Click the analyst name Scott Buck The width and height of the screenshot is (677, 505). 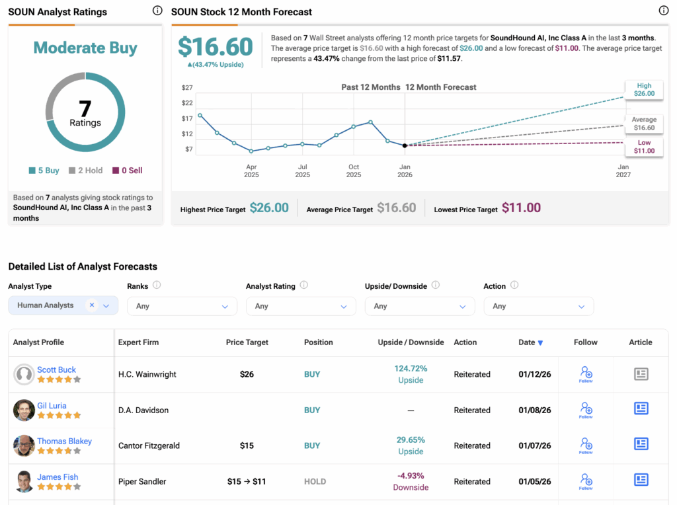click(56, 369)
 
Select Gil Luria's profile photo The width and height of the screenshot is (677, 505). click(24, 410)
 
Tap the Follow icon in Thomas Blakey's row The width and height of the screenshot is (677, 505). click(586, 446)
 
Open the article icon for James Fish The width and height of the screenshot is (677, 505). click(641, 481)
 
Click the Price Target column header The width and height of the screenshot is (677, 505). click(247, 342)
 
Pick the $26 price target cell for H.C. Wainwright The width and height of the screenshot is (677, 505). click(247, 374)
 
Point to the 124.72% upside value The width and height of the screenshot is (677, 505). click(411, 368)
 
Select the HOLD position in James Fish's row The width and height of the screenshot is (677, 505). click(315, 481)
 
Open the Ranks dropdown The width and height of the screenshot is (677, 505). click(182, 306)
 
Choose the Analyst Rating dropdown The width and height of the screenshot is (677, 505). click(301, 306)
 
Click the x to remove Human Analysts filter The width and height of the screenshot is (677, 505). click(92, 305)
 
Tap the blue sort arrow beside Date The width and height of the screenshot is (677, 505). click(540, 343)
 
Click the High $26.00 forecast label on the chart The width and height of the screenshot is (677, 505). click(644, 90)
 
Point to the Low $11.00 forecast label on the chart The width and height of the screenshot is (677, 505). click(644, 147)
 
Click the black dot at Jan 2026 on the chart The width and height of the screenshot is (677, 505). click(405, 145)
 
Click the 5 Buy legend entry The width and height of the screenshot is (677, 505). click(44, 171)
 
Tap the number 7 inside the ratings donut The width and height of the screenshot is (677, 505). click(85, 107)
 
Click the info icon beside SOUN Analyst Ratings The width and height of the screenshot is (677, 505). click(157, 11)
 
